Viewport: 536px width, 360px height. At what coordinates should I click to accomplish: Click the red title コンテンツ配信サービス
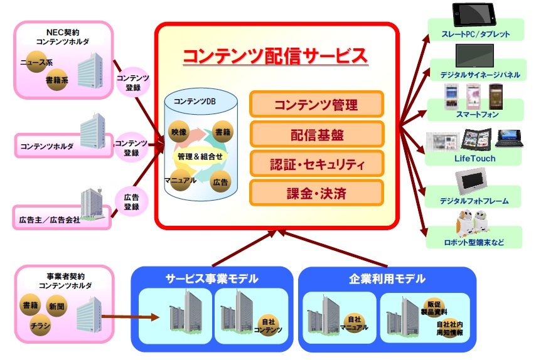(x=275, y=56)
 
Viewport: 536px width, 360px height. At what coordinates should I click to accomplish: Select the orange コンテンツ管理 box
(x=316, y=104)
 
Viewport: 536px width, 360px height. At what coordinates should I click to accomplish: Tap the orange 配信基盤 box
(x=316, y=134)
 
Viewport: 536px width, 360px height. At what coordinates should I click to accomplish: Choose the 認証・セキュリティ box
(x=316, y=164)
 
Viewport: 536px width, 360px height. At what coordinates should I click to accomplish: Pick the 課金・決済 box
(x=316, y=193)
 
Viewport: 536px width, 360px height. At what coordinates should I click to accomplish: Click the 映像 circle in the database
(x=179, y=132)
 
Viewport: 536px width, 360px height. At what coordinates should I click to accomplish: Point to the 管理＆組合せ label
(x=200, y=156)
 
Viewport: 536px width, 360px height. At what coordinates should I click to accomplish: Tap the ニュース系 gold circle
(x=36, y=62)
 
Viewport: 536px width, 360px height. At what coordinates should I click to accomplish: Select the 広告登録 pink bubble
(x=131, y=201)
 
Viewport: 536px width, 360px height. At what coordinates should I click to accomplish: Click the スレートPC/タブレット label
(x=476, y=34)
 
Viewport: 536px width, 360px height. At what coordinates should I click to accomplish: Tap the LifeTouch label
(x=474, y=159)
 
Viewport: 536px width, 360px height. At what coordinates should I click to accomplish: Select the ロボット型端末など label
(x=474, y=243)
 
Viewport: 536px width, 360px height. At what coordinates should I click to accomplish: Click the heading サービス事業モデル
(x=212, y=278)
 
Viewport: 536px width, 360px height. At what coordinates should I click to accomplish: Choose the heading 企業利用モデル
(x=387, y=278)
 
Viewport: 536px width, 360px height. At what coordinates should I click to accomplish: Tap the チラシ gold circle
(x=40, y=325)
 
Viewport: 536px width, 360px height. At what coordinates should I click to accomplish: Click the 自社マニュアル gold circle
(x=354, y=323)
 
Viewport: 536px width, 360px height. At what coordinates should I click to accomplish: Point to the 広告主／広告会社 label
(x=50, y=220)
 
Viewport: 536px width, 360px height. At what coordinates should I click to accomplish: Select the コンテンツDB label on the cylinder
(x=195, y=102)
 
